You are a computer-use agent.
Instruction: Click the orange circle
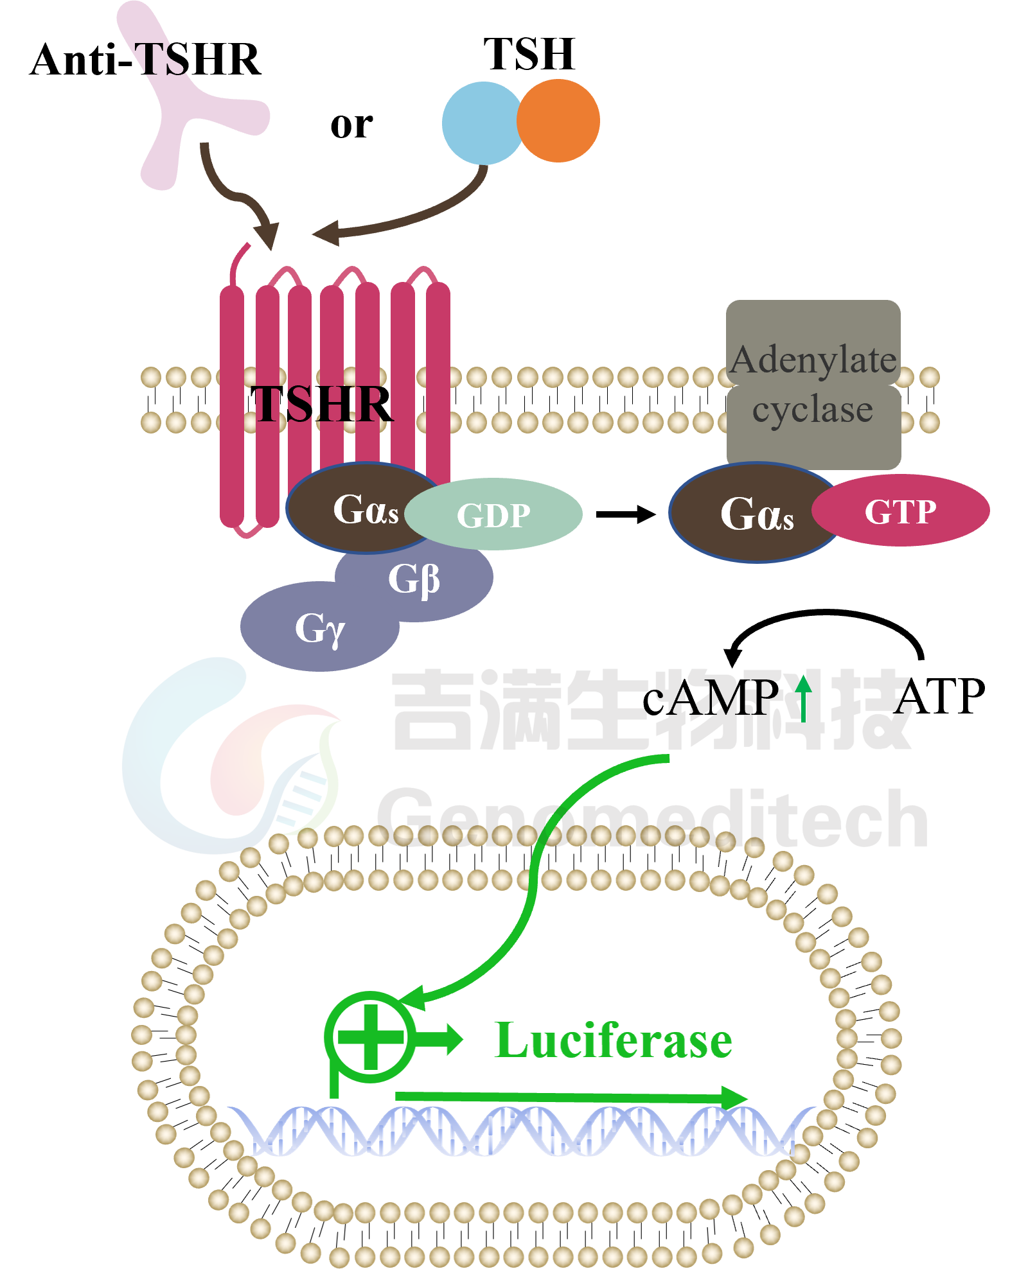click(x=559, y=121)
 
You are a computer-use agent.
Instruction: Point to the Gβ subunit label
click(x=414, y=580)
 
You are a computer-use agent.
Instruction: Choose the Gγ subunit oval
click(x=319, y=627)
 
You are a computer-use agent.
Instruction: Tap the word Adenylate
click(x=813, y=360)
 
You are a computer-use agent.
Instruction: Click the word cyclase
click(x=813, y=410)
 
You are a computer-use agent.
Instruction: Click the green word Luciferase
click(x=614, y=1041)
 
